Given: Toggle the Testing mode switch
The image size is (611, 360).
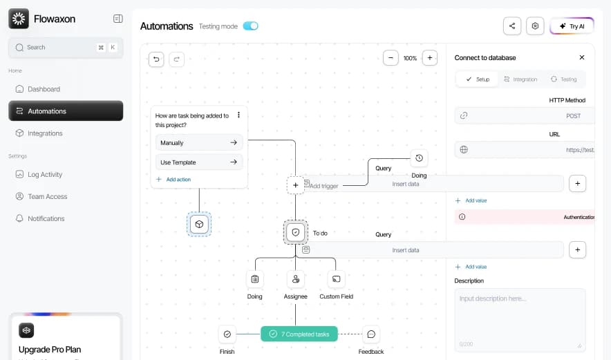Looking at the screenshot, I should (x=250, y=26).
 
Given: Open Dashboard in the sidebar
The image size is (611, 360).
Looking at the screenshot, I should (x=44, y=89).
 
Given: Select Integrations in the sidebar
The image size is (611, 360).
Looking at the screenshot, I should (x=45, y=133).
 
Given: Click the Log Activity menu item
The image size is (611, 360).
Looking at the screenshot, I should (x=45, y=175).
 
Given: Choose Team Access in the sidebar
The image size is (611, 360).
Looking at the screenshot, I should (x=47, y=197).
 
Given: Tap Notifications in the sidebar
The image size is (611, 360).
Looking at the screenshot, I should (x=46, y=218).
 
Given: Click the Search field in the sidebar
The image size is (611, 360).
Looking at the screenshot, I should (x=59, y=48).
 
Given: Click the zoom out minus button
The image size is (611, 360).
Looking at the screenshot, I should (x=391, y=58).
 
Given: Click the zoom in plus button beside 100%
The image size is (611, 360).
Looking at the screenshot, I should (x=430, y=58).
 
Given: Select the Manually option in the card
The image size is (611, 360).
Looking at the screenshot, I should (x=199, y=143).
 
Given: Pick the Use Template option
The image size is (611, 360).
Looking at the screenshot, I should (x=199, y=162).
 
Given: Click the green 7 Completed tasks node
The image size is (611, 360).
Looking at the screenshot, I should (x=299, y=334).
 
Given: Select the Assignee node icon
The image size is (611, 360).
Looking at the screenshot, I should (x=296, y=279).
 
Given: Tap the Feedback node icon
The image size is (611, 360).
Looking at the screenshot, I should (x=371, y=334).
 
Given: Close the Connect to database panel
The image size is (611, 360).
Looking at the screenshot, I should (x=582, y=57).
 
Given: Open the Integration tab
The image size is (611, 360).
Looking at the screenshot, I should (x=520, y=79).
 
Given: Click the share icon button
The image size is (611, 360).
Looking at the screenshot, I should (x=512, y=26).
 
